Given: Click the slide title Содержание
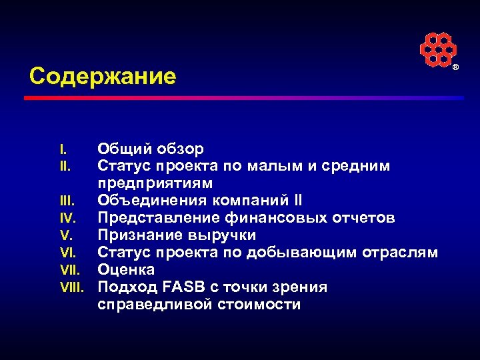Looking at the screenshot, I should point(103,77).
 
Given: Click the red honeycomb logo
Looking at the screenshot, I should point(437,49).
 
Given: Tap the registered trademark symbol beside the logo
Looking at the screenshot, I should point(456,68).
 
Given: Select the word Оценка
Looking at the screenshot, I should point(126,270).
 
